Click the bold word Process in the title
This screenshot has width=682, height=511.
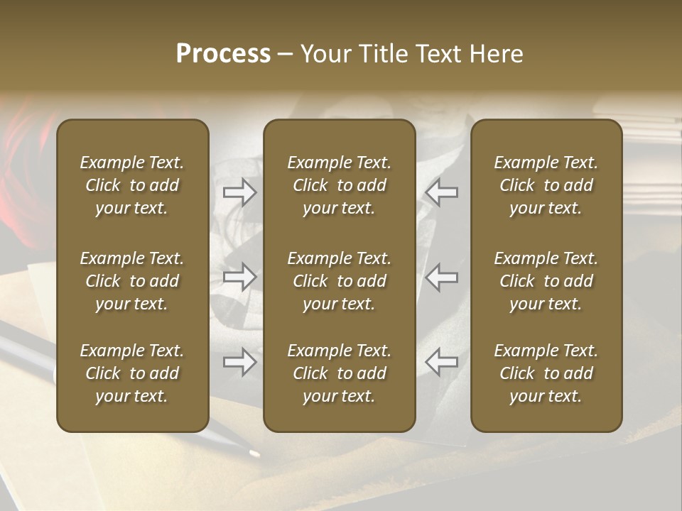[223, 54]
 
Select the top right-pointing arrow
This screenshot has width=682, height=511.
[239, 192]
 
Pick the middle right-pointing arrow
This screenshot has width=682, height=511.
[239, 277]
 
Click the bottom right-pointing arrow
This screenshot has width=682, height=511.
[239, 362]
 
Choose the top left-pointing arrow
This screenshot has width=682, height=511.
[442, 192]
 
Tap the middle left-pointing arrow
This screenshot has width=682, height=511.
[442, 277]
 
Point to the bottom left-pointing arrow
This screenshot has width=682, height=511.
[442, 362]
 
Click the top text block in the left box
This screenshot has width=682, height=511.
[132, 185]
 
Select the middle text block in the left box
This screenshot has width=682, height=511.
[132, 281]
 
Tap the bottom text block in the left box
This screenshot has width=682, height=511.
[132, 373]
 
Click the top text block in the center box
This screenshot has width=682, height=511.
[340, 185]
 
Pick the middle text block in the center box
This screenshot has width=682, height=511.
[340, 281]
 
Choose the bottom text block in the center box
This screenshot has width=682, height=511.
[340, 373]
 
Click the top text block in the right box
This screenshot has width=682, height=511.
[546, 185]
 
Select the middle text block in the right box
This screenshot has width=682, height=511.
[546, 281]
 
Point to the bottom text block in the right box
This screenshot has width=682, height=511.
[546, 373]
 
